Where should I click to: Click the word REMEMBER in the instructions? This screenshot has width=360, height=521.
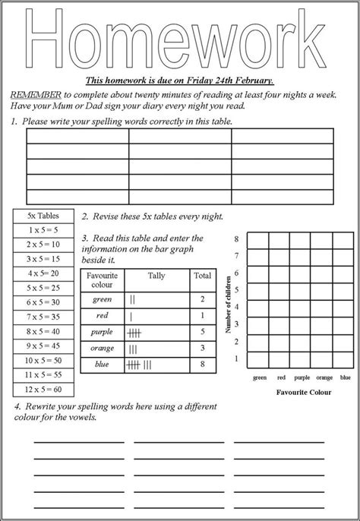[x=35, y=94]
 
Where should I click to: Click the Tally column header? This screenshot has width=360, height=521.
[x=156, y=276]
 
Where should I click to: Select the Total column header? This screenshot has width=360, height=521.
[x=202, y=276]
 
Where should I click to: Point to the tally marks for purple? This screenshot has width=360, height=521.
[x=136, y=332]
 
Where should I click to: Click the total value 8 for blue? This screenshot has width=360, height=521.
[x=202, y=365]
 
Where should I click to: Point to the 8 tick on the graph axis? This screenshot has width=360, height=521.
[x=236, y=238]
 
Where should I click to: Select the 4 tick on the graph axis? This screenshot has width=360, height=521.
[x=236, y=307]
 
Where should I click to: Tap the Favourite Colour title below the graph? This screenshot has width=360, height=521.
[x=304, y=393]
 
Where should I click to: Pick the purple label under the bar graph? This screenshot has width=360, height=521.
[x=303, y=377]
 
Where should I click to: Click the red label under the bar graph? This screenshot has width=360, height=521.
[x=282, y=377]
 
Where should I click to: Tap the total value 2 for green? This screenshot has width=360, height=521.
[x=202, y=299]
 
